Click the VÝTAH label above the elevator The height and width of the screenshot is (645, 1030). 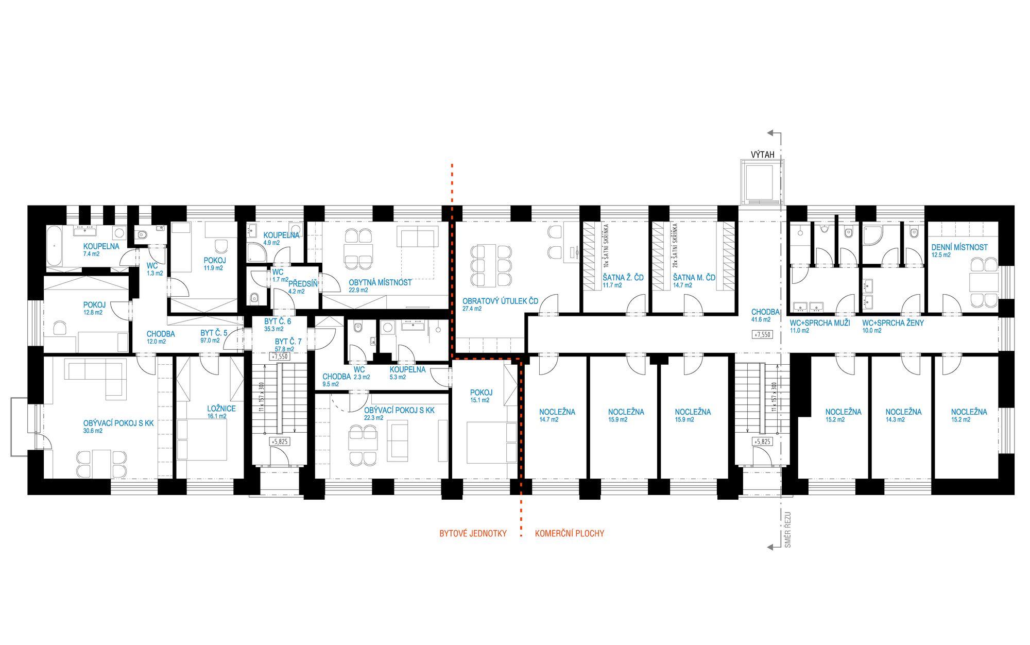tap(762, 155)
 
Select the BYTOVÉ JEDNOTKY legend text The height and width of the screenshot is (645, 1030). tap(473, 534)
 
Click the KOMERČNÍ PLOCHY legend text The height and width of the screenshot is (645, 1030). tap(570, 534)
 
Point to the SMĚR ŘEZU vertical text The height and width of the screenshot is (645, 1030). tap(788, 530)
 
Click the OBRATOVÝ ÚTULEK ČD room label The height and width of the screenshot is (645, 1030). tap(500, 301)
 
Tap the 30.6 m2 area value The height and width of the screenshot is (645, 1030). tap(93, 431)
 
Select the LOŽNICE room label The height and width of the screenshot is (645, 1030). tap(221, 409)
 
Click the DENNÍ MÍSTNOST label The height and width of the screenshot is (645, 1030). tap(959, 247)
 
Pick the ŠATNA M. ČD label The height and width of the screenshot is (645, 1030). tap(694, 278)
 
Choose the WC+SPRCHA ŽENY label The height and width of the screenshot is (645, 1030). tap(893, 323)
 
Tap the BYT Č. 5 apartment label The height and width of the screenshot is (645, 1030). tap(214, 333)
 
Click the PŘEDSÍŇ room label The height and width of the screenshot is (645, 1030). tap(303, 284)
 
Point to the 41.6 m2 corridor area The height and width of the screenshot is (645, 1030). tap(761, 320)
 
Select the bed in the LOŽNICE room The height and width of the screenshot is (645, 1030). tap(202, 439)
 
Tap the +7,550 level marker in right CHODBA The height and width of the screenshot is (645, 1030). tap(762, 334)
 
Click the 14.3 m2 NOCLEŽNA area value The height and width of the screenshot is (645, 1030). tap(896, 420)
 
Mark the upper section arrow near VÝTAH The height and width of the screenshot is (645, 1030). tap(774, 133)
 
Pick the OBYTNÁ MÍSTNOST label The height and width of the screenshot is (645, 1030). tap(380, 283)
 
